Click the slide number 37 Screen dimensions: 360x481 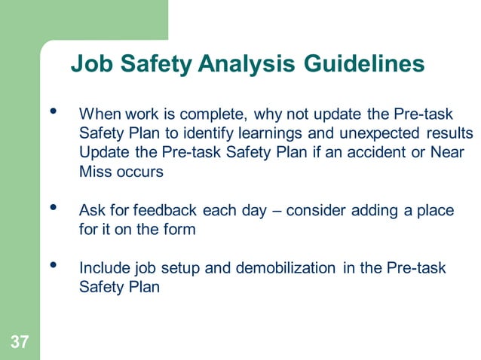[20, 343]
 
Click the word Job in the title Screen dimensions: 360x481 [87, 65]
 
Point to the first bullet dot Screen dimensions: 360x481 [52, 113]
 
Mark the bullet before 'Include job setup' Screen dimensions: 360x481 [52, 267]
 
